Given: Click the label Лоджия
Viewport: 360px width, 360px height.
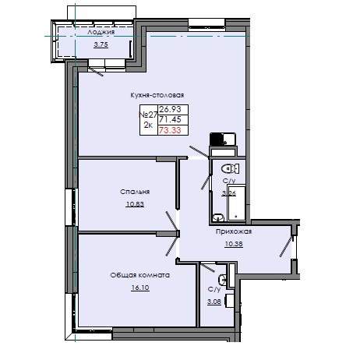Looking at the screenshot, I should coord(102,33).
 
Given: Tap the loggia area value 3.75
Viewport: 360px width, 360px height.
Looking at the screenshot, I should coord(101,44).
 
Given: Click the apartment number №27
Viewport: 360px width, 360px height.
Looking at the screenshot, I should coord(146,115).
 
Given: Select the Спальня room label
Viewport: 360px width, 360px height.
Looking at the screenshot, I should coord(135,191).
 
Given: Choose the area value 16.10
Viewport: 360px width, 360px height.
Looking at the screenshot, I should coord(140,288).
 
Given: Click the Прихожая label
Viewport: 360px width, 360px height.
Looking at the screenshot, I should coord(234,231).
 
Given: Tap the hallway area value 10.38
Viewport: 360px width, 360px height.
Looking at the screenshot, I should coord(233,244).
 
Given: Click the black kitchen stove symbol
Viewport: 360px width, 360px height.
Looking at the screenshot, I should coord(217,140).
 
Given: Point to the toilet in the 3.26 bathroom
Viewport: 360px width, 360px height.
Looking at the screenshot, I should coord(228,168).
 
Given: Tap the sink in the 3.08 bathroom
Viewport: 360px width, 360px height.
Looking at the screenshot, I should coord(223,278).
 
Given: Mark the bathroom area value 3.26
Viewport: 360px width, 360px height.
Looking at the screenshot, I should coord(229,193).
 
